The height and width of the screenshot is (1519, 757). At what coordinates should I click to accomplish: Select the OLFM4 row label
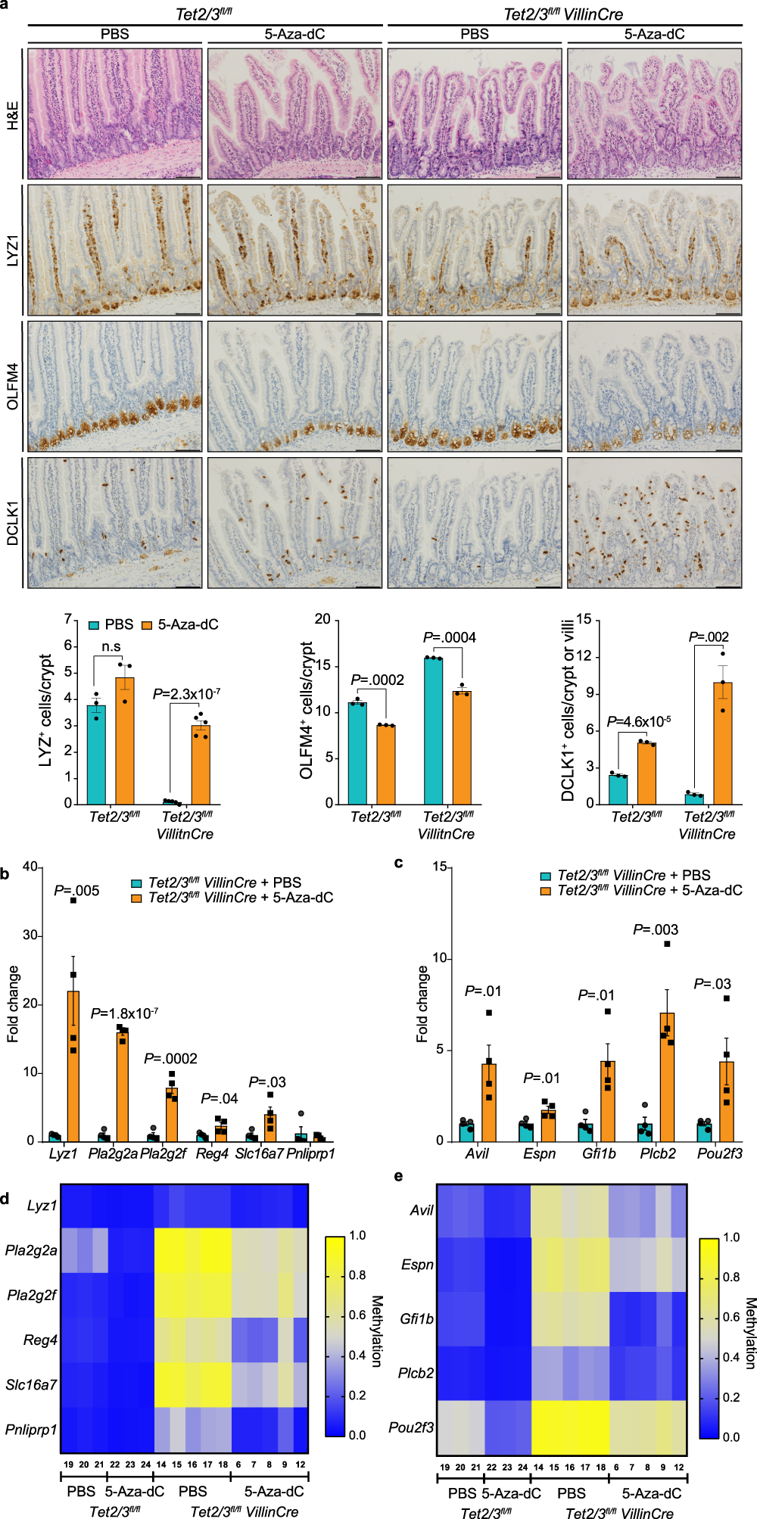[13, 387]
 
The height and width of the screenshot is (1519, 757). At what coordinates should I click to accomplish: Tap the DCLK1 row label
[13, 522]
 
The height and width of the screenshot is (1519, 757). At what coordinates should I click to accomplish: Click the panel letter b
[5, 875]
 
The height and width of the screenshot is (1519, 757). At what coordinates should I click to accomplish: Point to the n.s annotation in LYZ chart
[111, 646]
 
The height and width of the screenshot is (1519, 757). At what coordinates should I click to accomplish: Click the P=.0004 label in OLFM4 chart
[450, 637]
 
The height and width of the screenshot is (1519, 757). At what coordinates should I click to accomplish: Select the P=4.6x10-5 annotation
[639, 721]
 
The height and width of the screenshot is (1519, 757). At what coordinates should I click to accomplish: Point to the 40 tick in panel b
[30, 867]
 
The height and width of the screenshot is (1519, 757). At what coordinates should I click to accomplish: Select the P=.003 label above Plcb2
[656, 929]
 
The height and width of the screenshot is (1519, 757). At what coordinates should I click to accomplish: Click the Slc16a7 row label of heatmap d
[31, 1384]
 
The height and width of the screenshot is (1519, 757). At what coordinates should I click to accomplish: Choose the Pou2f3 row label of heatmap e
[411, 1427]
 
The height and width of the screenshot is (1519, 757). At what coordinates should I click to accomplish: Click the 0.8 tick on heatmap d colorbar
[357, 1275]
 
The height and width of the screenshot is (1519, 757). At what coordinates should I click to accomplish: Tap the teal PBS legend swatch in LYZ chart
[94, 625]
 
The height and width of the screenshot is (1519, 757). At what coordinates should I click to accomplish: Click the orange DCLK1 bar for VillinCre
[723, 742]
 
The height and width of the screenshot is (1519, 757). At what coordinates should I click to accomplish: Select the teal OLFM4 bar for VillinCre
[433, 730]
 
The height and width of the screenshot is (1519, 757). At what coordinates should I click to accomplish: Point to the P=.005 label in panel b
[76, 891]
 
